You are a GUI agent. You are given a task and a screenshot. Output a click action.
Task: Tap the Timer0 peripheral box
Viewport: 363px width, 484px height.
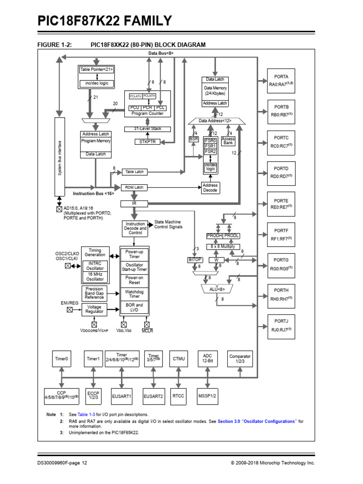pyautogui.click(x=61, y=359)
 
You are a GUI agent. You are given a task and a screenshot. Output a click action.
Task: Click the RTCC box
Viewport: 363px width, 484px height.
pyautogui.click(x=178, y=396)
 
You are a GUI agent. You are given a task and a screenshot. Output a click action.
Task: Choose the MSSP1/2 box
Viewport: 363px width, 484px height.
pyautogui.click(x=207, y=396)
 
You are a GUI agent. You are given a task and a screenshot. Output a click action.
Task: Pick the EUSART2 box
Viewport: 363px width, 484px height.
pyautogui.click(x=153, y=396)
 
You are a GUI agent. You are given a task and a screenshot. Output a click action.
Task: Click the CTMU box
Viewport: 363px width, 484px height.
pyautogui.click(x=178, y=359)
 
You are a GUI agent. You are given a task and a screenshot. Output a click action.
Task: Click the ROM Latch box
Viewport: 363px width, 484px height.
pyautogui.click(x=135, y=187)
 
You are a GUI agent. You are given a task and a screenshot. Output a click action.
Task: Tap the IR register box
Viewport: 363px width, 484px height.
pyautogui.click(x=135, y=203)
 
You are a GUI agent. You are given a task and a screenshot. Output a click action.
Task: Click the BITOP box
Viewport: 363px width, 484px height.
pyautogui.click(x=195, y=260)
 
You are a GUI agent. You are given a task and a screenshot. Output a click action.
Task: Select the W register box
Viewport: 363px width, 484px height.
pyautogui.click(x=216, y=260)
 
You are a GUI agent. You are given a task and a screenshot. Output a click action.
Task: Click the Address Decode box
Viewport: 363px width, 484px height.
pyautogui.click(x=210, y=188)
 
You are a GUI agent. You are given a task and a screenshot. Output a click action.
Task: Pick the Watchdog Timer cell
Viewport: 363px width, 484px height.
pyautogui.click(x=135, y=294)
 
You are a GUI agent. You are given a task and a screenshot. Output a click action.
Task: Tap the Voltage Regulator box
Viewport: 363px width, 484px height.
pyautogui.click(x=95, y=310)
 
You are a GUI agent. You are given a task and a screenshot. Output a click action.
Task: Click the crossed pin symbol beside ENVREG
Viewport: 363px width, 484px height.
pyautogui.click(x=69, y=310)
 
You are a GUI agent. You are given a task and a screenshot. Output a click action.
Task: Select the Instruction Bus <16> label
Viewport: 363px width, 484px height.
pyautogui.click(x=93, y=194)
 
